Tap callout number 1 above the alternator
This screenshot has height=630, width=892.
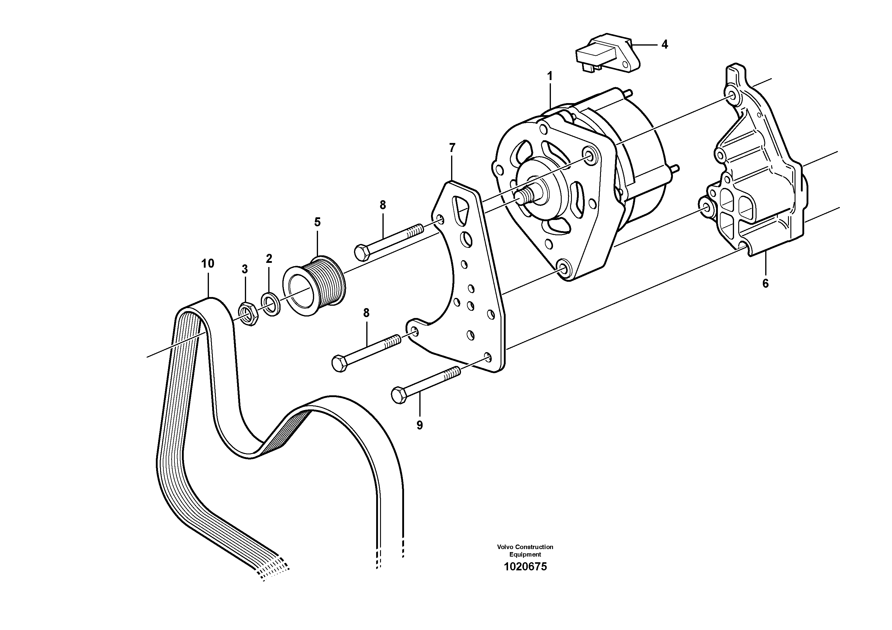point(550,76)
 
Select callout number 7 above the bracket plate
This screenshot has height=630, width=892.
point(452,148)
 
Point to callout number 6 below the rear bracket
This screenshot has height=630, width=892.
point(765,284)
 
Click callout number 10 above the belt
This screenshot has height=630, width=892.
point(208,264)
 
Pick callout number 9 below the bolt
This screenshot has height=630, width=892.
point(420,425)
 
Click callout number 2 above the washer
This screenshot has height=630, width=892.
point(269,259)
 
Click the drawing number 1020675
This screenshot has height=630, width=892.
point(525,567)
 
